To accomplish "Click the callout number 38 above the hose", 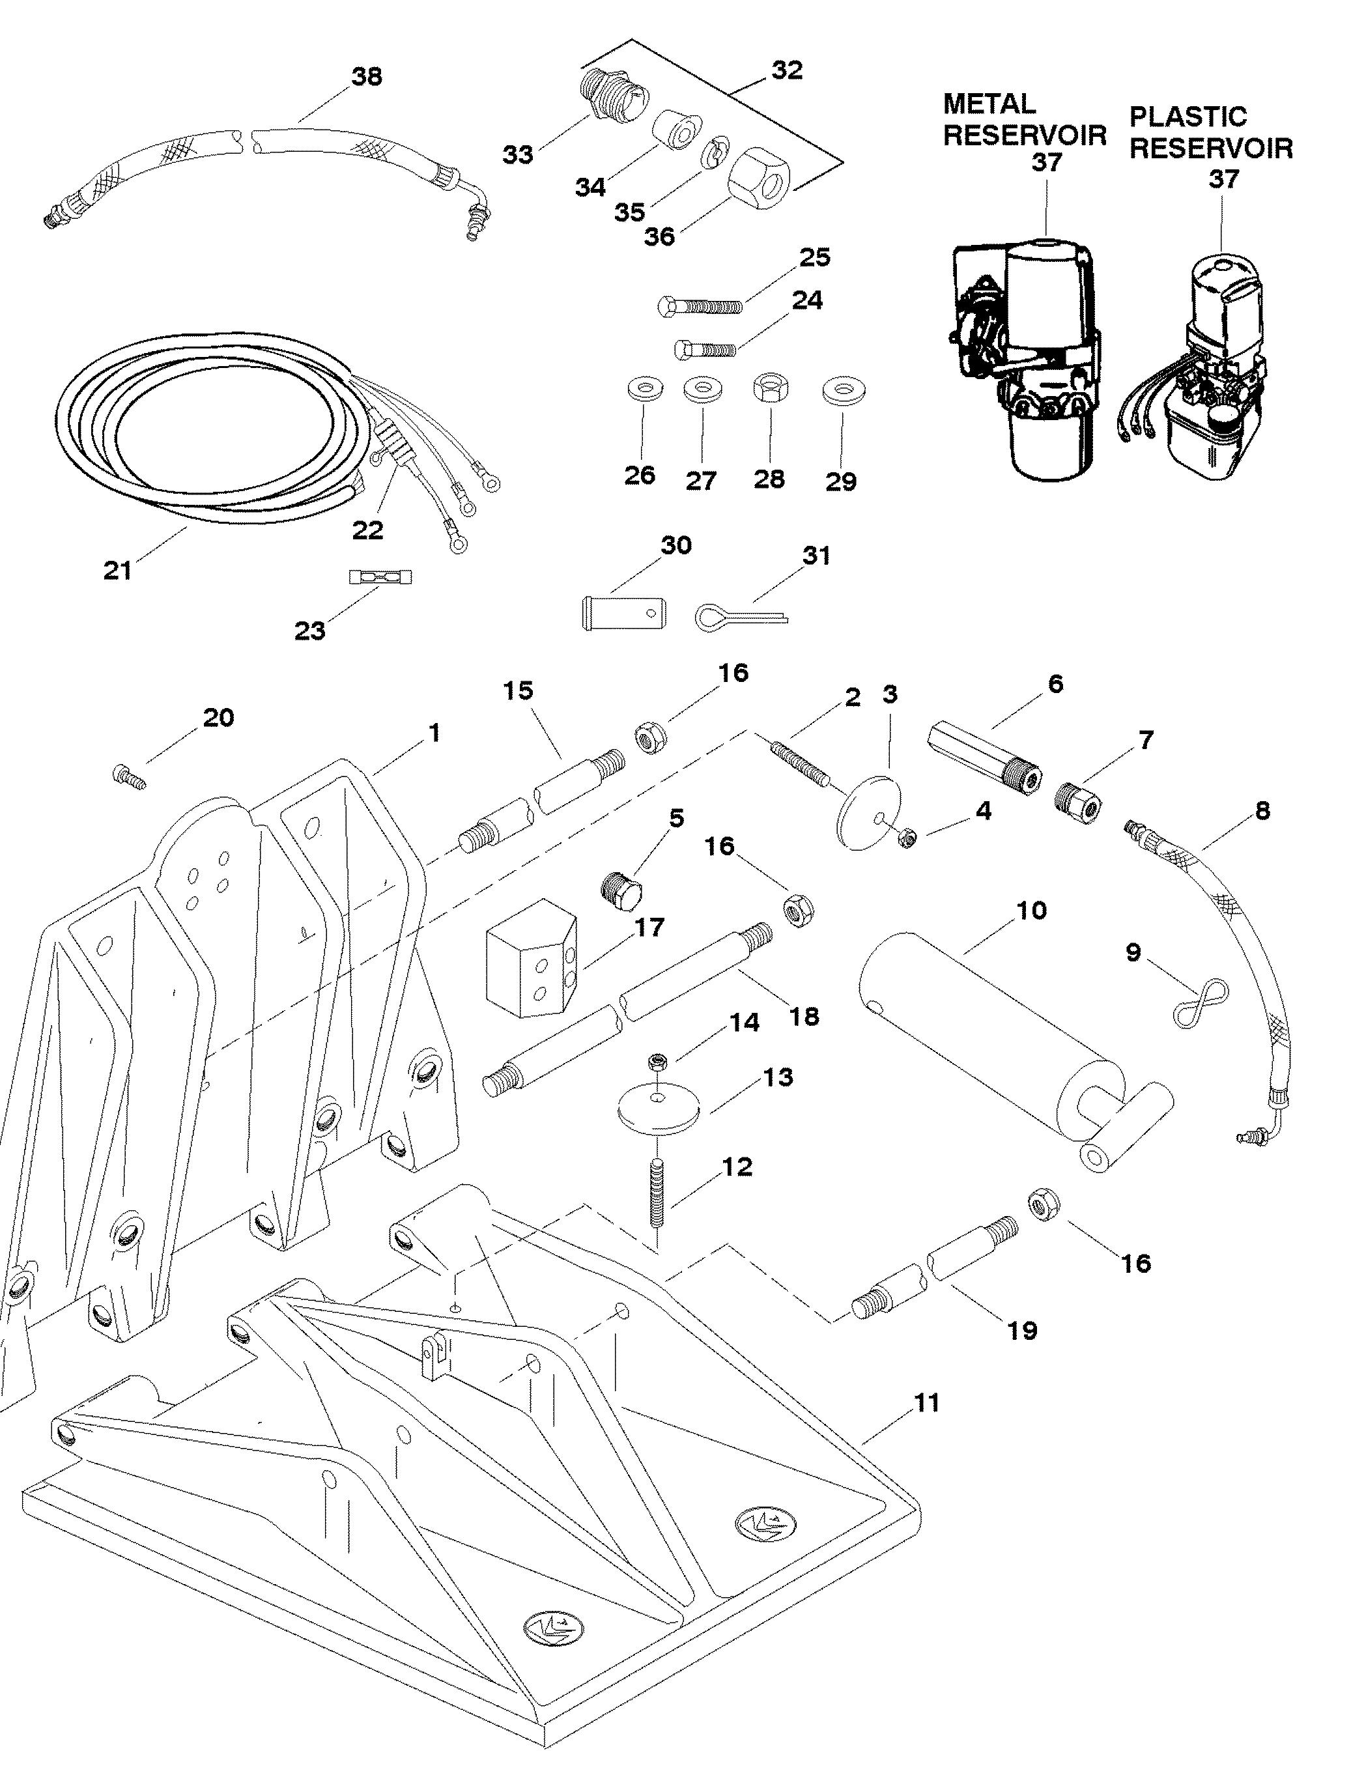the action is click(x=366, y=77).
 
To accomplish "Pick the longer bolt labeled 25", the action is click(x=698, y=307).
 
